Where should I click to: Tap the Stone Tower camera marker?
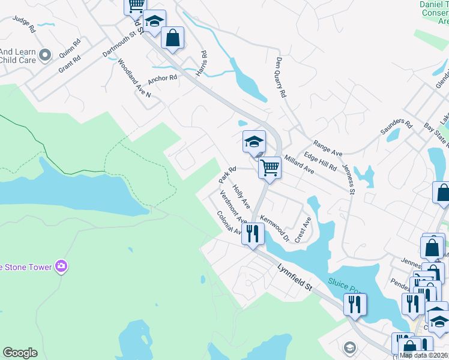coord(61,266)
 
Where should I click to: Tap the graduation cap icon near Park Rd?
coord(254,142)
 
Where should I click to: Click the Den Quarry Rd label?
coord(280,77)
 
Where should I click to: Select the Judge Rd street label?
coord(24,25)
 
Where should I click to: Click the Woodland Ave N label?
coord(134,78)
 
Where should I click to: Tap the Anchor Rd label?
coord(163,78)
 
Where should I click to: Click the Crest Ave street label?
coord(303,229)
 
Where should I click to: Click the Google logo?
coord(20,353)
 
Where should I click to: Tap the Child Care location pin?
coord(44,56)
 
